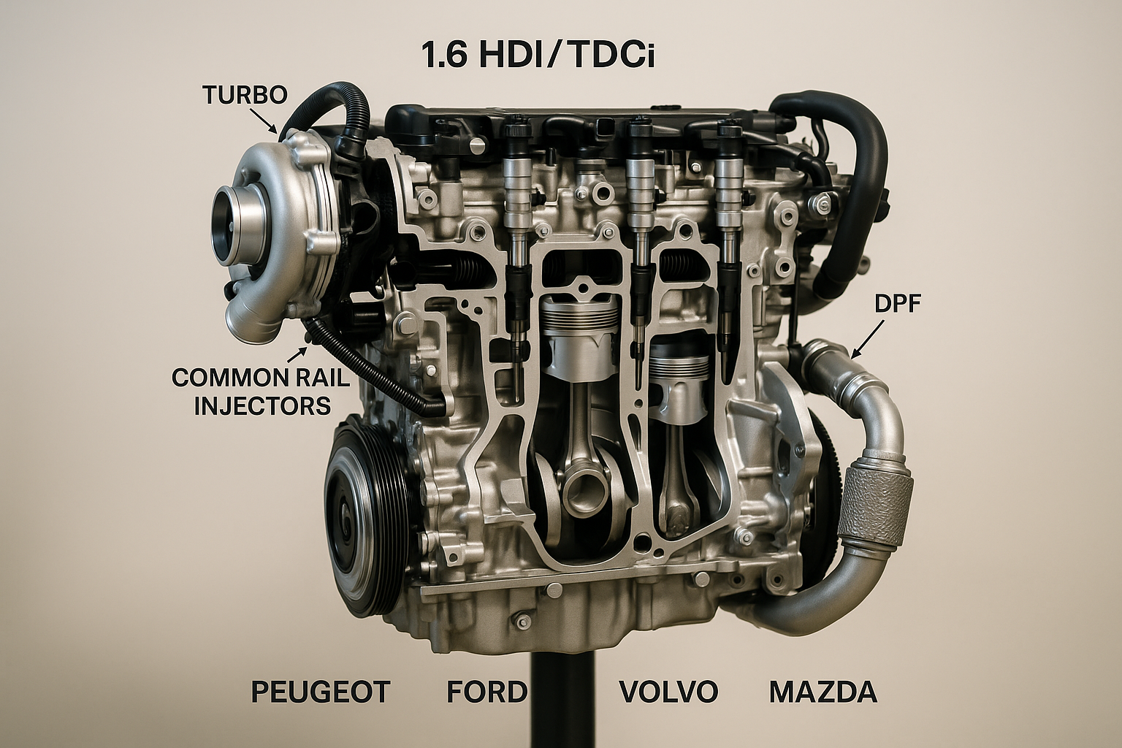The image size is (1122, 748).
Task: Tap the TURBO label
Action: (245, 95)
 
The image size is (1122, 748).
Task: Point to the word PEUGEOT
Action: (321, 691)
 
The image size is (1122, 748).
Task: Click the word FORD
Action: (487, 691)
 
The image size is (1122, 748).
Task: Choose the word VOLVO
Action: (668, 691)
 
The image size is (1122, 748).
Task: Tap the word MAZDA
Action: (823, 691)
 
